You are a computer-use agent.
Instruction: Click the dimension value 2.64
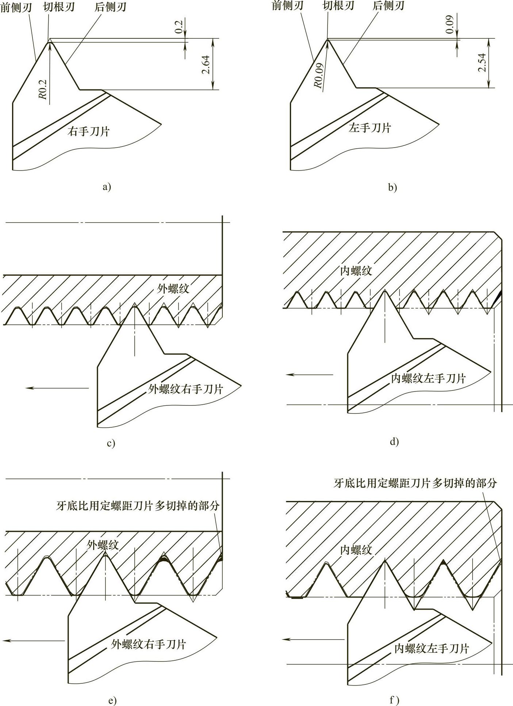click(x=206, y=65)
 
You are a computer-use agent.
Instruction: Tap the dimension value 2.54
click(x=482, y=63)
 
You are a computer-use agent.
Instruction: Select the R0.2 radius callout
click(x=43, y=89)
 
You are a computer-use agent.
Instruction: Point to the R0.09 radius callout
click(x=319, y=76)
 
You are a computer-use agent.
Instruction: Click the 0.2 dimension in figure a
click(x=179, y=27)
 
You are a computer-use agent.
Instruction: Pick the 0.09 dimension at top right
click(x=450, y=24)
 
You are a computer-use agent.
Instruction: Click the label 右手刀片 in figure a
click(x=88, y=131)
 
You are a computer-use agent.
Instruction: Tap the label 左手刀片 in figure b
click(x=370, y=128)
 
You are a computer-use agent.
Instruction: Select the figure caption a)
click(x=107, y=187)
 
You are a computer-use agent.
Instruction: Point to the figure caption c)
click(x=111, y=443)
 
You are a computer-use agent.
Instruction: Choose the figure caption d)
click(x=394, y=442)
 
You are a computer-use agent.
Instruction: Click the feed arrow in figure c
click(x=57, y=388)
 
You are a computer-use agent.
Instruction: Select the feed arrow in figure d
click(x=310, y=374)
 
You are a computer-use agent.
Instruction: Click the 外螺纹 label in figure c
click(x=173, y=289)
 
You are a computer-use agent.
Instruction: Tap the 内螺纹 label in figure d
click(x=356, y=271)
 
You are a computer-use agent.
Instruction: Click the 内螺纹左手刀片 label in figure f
click(x=432, y=648)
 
